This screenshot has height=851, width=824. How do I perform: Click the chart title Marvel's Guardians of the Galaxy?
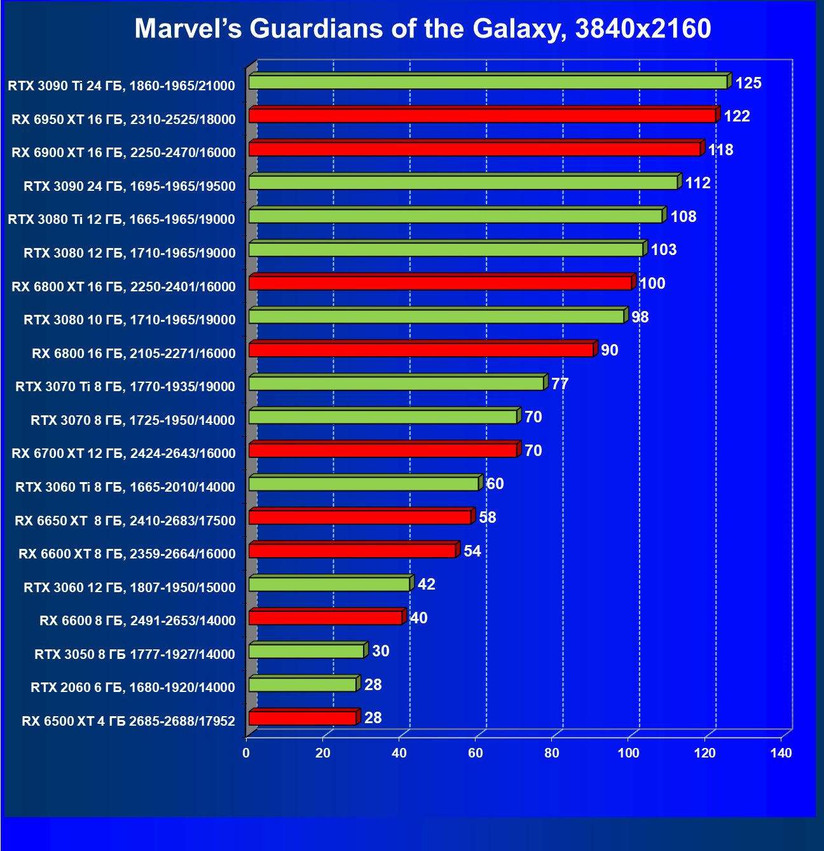point(423,29)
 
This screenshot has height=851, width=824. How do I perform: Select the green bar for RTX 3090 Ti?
point(488,82)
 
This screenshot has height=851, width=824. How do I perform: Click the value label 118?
point(720,150)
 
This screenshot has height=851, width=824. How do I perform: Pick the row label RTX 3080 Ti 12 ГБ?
point(121,219)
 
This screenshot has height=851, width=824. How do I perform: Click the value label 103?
point(664,250)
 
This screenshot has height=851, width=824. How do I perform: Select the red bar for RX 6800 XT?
point(440,283)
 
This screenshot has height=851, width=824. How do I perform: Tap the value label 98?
point(640,317)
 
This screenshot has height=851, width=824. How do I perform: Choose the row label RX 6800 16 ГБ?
point(134,354)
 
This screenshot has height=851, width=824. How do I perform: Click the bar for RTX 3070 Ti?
point(396,384)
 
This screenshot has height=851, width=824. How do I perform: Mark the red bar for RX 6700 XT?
point(383,450)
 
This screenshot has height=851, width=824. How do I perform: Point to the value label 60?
point(495,484)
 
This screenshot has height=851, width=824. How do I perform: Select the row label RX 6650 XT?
point(125,521)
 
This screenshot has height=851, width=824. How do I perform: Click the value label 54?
point(472,551)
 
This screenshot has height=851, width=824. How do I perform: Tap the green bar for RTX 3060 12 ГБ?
point(329,584)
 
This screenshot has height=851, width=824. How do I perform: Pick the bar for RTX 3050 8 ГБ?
point(306,651)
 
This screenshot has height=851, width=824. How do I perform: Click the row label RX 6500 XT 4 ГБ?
point(128,721)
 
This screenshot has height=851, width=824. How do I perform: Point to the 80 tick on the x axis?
point(552,753)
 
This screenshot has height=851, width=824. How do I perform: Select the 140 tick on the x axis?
point(781,753)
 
